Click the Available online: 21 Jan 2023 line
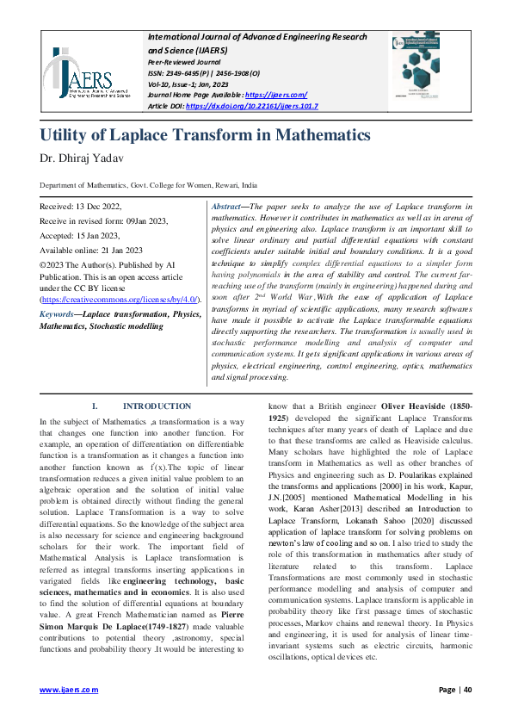91,250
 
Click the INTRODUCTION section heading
157,406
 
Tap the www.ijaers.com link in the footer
70,690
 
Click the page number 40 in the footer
468,690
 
